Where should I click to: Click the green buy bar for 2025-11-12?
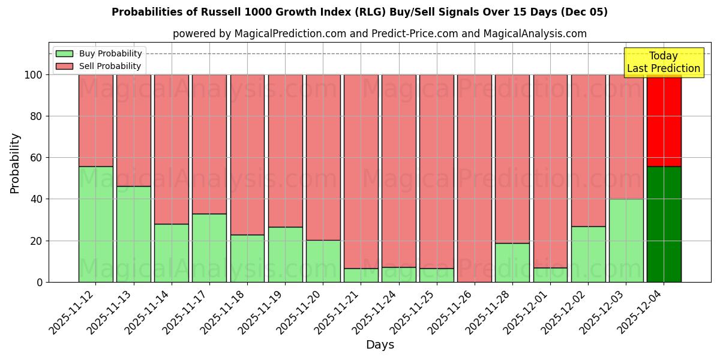(95, 224)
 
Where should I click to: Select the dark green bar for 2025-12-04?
(664, 224)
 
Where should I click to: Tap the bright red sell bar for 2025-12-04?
(664, 120)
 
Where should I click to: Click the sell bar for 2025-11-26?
(474, 178)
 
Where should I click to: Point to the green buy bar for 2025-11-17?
(209, 247)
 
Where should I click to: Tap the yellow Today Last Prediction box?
(663, 62)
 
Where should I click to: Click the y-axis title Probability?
(15, 163)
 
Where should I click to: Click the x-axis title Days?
(380, 345)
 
